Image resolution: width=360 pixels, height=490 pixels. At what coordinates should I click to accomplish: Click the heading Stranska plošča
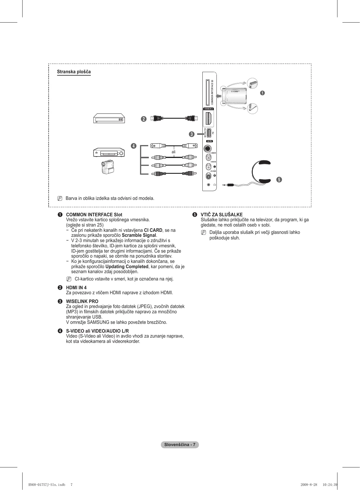(74, 72)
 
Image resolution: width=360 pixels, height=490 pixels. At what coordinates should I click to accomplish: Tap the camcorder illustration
(108, 167)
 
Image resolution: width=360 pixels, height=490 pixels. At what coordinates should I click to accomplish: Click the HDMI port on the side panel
(209, 118)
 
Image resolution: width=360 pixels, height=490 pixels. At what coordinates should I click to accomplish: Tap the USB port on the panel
(209, 133)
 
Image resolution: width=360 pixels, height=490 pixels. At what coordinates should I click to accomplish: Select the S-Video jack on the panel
(208, 149)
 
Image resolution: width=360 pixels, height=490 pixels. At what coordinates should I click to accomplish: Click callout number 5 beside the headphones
(279, 179)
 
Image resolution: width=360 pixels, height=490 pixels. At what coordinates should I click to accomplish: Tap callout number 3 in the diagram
(191, 134)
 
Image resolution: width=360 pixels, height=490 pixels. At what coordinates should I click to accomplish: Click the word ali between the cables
(173, 152)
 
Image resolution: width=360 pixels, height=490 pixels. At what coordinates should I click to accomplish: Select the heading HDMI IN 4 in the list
(76, 287)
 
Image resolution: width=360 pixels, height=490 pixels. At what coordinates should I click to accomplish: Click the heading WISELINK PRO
(82, 301)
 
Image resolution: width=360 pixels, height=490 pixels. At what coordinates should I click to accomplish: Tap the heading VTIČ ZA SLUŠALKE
(221, 215)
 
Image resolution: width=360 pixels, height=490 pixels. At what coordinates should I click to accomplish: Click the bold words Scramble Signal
(139, 235)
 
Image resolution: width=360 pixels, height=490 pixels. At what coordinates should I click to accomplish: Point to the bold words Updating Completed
(127, 266)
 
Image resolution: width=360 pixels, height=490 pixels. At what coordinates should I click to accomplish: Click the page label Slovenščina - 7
(180, 445)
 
